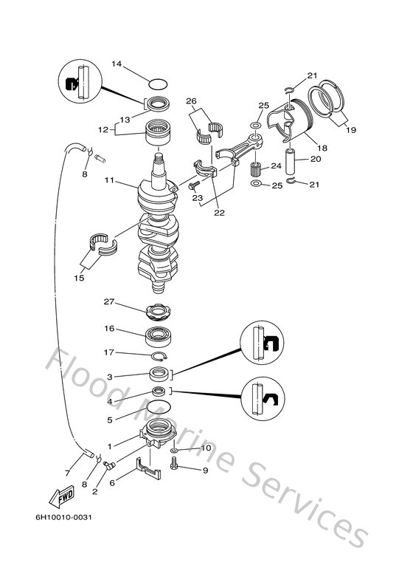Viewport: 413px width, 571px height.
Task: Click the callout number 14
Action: (116, 64)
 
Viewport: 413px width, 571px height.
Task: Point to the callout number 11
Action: (109, 179)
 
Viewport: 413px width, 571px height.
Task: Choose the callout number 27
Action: (109, 302)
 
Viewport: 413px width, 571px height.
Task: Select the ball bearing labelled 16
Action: (159, 335)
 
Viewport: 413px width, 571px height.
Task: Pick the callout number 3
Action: (109, 376)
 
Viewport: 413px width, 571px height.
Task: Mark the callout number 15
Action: (79, 278)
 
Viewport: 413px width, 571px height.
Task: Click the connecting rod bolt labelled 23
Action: (193, 185)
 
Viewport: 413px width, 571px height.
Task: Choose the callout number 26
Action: (191, 101)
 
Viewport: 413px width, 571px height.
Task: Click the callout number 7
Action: (68, 472)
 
